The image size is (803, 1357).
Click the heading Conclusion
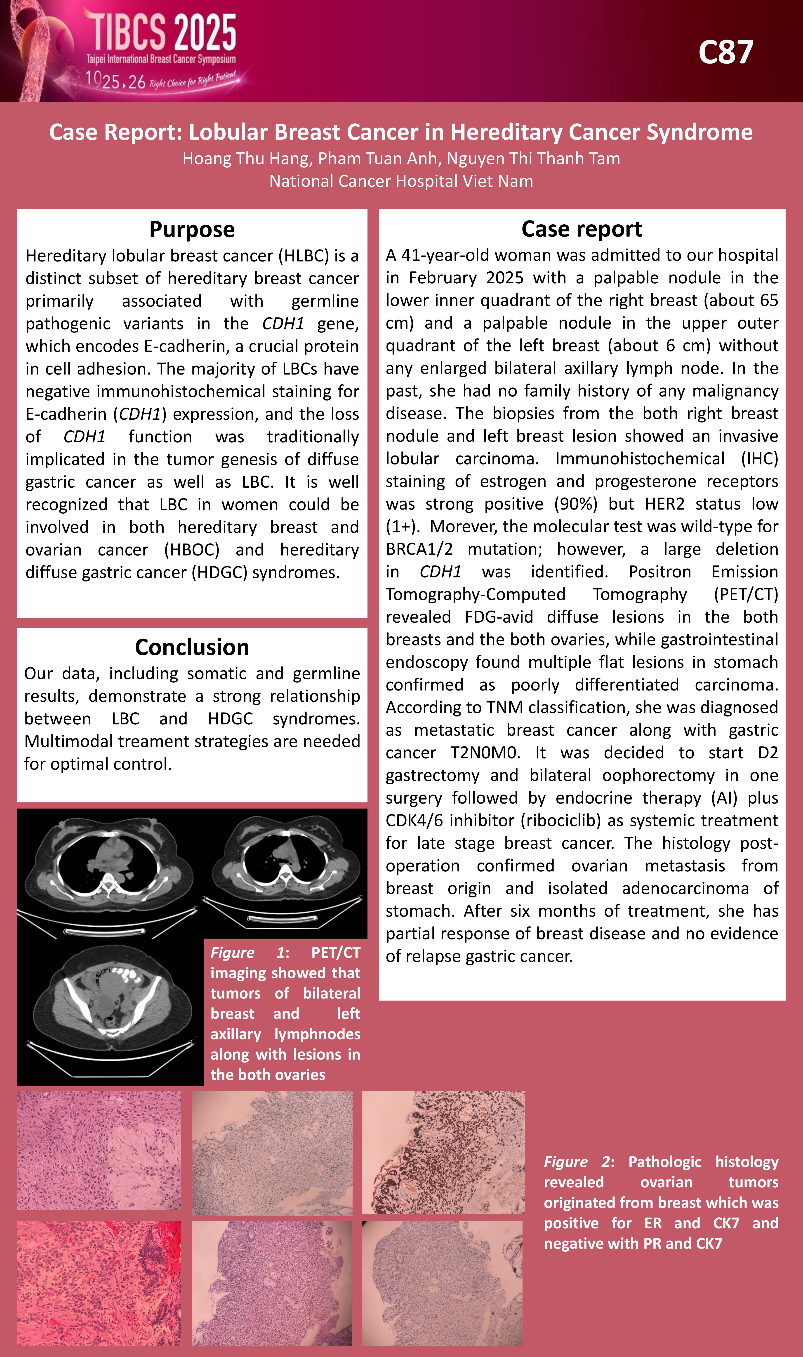coord(192,647)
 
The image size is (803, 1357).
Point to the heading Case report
coord(582,229)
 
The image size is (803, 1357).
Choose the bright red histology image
coord(99,1283)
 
